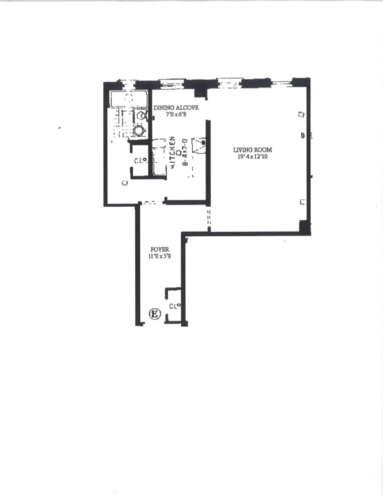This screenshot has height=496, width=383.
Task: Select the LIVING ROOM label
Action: [250, 150]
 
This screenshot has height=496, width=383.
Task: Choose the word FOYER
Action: [160, 249]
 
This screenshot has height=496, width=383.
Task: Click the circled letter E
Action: [153, 313]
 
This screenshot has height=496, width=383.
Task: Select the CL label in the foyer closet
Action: [173, 306]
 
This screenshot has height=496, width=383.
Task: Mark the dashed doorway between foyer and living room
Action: [207, 221]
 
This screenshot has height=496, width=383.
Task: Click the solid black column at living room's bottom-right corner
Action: [304, 227]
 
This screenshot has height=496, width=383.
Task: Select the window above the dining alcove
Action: [171, 83]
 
